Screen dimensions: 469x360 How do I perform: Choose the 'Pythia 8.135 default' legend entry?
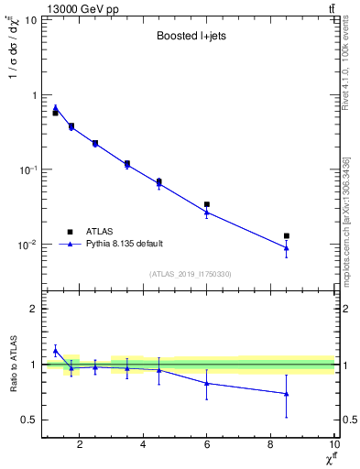124,244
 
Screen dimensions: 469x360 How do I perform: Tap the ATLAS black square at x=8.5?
287,236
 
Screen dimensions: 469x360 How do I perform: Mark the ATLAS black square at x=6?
207,204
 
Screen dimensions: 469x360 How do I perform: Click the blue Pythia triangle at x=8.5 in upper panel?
287,247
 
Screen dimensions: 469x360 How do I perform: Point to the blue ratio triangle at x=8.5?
287,393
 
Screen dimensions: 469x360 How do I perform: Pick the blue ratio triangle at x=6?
207,383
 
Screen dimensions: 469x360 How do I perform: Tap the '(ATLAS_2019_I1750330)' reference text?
189,273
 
